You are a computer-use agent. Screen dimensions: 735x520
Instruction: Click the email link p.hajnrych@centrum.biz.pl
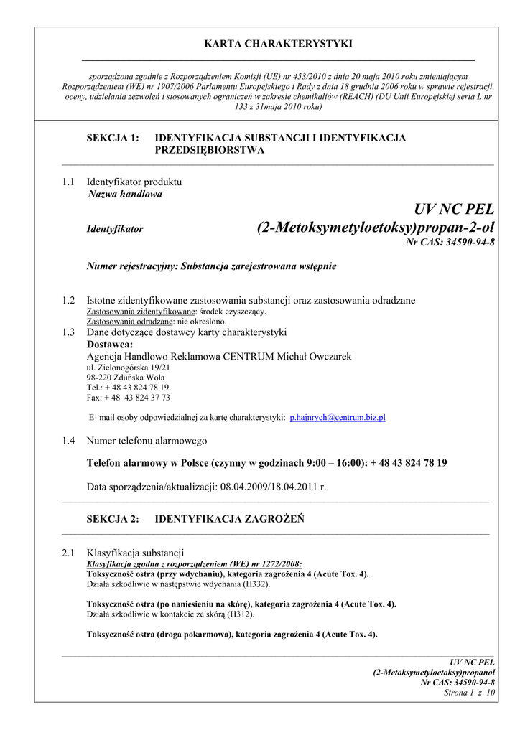338,417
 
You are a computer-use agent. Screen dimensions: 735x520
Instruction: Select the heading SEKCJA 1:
113,137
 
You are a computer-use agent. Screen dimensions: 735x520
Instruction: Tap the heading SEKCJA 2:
113,519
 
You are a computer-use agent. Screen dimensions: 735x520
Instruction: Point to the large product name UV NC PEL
455,210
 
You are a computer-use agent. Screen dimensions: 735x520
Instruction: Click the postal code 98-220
99,377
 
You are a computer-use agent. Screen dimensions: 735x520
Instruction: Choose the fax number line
128,397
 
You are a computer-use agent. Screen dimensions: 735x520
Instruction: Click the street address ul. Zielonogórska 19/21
128,367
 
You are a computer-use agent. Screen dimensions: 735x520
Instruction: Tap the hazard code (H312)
238,614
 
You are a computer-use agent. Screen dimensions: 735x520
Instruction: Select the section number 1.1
69,182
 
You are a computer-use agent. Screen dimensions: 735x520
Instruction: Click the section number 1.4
69,441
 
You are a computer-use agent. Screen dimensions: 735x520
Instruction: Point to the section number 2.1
69,553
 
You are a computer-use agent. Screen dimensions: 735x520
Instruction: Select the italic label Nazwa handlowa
125,194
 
